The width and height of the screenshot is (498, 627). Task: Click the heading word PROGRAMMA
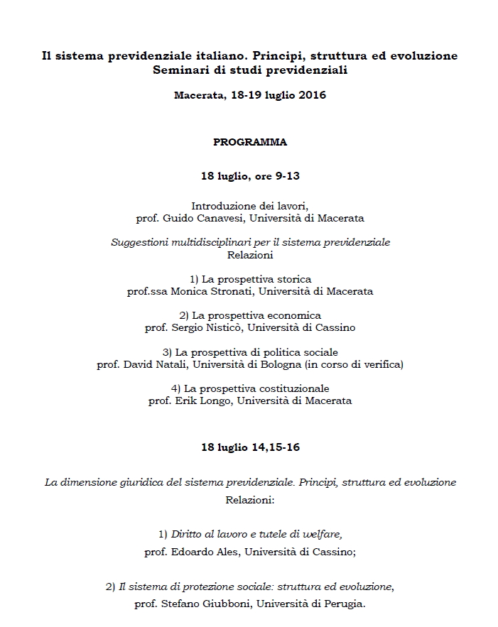pos(250,142)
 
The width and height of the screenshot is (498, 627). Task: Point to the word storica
pos(293,279)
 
